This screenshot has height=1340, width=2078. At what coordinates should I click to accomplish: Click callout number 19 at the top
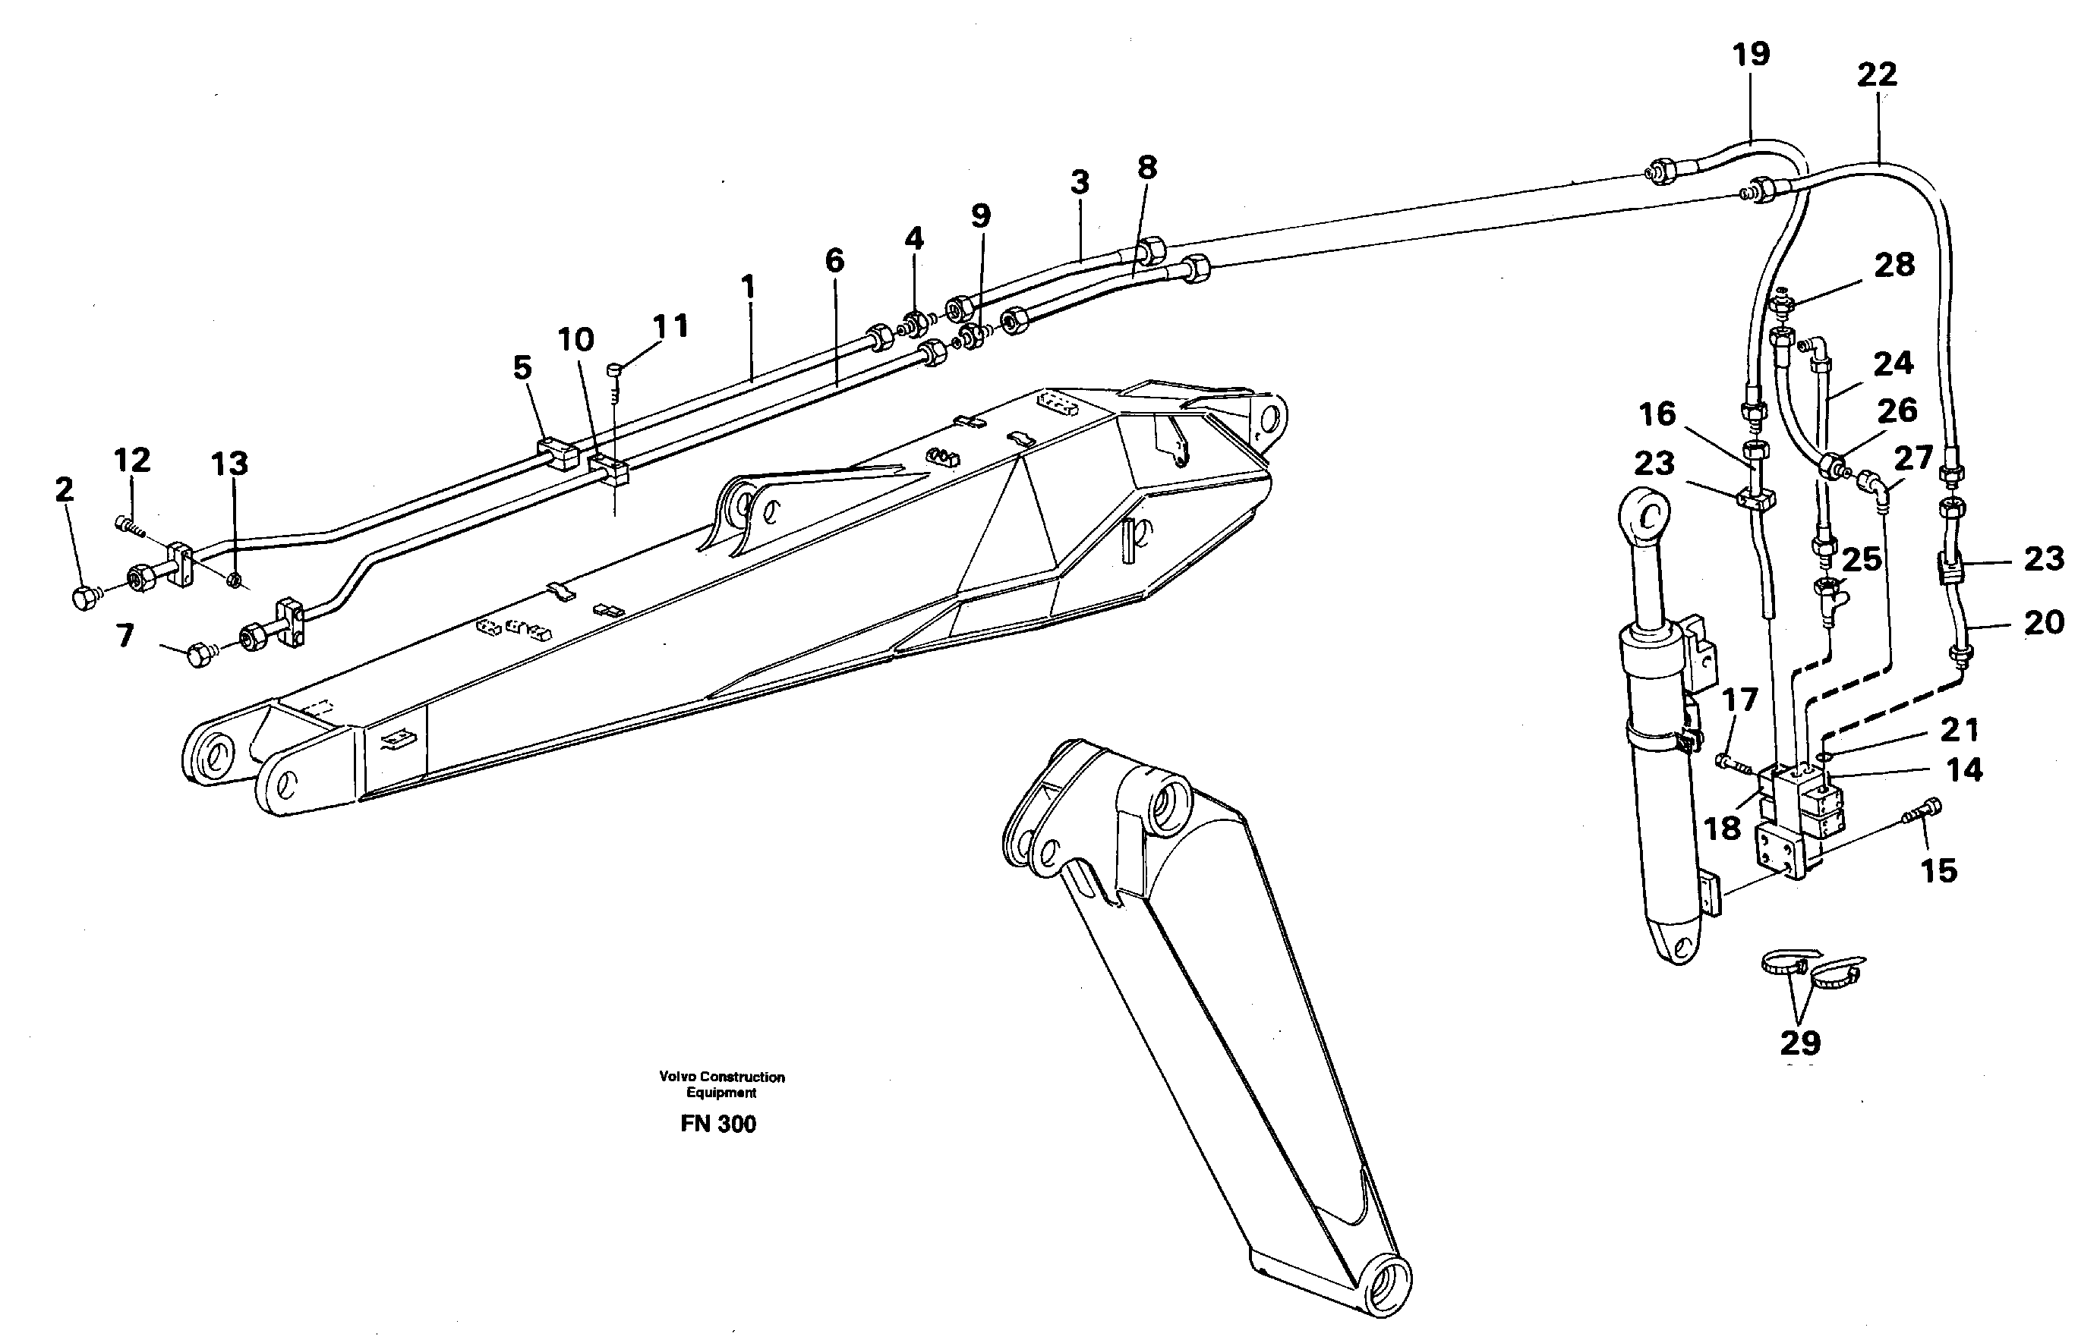1751,54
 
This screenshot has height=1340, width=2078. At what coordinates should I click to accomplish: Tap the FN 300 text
718,1125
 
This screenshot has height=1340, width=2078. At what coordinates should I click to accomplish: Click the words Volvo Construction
722,1077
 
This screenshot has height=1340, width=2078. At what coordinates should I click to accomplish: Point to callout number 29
1800,1042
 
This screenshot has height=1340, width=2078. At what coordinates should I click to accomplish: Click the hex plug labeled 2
84,599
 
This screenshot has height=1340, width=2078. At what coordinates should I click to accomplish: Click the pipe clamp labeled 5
557,453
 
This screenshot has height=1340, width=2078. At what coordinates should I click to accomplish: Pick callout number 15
1939,870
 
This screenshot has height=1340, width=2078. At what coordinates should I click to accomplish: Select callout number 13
230,464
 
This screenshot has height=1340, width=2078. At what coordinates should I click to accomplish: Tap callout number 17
1739,699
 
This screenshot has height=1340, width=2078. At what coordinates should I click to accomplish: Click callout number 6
834,260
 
